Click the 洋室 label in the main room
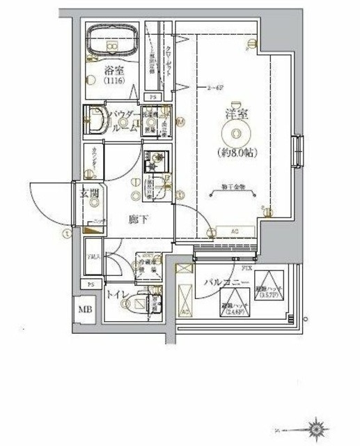237,111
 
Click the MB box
83,309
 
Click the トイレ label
116,295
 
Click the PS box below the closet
154,96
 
